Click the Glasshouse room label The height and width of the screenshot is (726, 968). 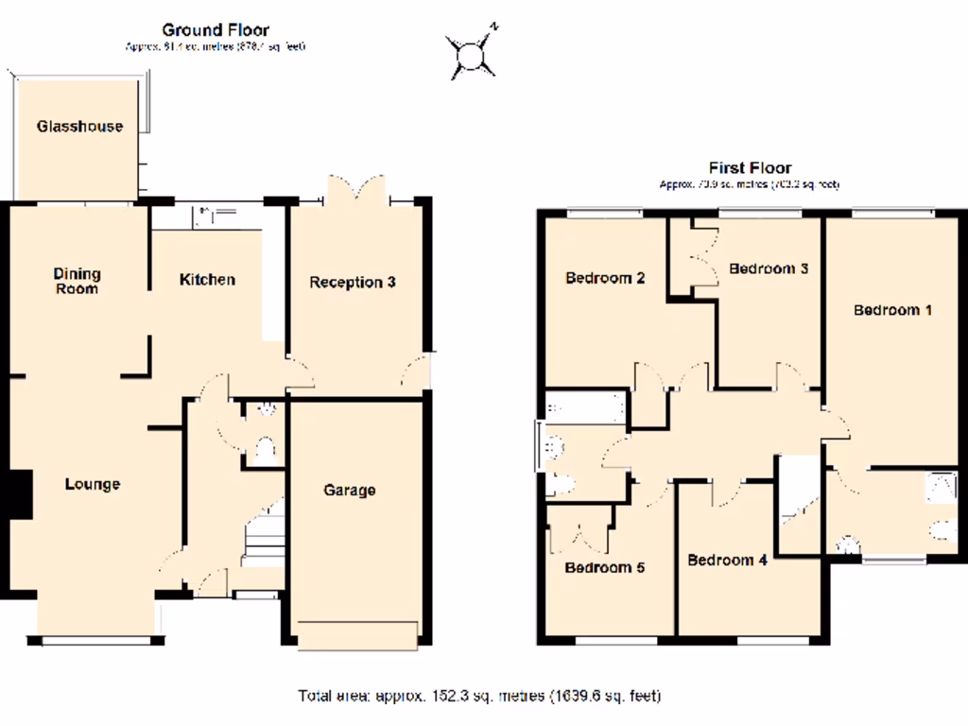pos(79,126)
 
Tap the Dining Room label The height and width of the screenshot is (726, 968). pos(77,281)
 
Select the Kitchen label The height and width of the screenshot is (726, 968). pos(207,280)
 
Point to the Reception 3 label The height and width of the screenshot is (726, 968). pos(352,282)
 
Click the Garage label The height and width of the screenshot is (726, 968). pos(349,490)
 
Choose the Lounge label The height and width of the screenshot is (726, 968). pos(92,484)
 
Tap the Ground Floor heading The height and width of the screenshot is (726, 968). pos(216,30)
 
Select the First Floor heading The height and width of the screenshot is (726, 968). pos(749,168)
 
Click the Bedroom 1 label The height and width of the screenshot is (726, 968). pos(893,310)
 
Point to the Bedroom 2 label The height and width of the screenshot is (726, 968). pos(605,278)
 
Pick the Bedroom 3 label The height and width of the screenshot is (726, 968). pos(768,268)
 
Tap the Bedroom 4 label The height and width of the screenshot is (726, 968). pos(727,560)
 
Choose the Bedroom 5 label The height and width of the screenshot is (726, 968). pos(604,567)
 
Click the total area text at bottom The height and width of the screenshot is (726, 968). pos(478,697)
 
